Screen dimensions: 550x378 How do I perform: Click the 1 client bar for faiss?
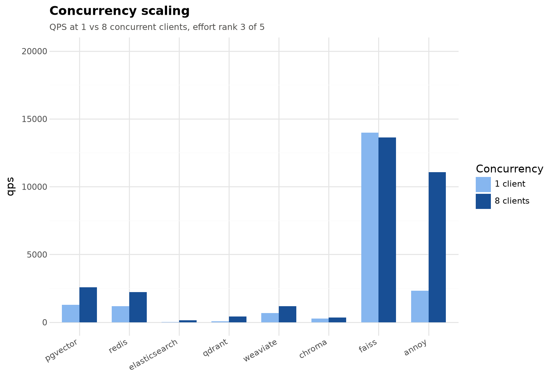pos(370,227)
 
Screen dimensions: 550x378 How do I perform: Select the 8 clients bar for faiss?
pos(387,230)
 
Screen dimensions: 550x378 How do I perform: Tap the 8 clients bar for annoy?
pos(437,247)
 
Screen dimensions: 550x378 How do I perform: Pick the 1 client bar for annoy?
pos(420,307)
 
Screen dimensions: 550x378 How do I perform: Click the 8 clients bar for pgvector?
pos(88,305)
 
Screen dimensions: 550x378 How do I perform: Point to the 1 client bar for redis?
pos(121,314)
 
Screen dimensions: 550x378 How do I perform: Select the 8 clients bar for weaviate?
pos(287,314)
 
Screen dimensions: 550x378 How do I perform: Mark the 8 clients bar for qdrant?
pos(238,320)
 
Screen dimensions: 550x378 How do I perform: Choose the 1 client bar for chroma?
pos(320,321)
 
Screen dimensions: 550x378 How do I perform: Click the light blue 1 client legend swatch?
pos(483,185)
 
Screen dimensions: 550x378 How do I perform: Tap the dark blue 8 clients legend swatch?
pos(483,201)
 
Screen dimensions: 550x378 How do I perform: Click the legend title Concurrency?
pos(509,169)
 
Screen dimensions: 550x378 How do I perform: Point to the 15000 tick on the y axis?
pos(34,119)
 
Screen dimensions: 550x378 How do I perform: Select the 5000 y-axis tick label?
pos(37,255)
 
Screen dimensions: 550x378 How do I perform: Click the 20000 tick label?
pos(34,52)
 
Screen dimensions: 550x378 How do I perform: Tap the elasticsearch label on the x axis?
pos(153,354)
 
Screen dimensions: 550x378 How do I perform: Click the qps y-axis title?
pos(11,187)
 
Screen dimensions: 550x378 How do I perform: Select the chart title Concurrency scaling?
pos(120,11)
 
